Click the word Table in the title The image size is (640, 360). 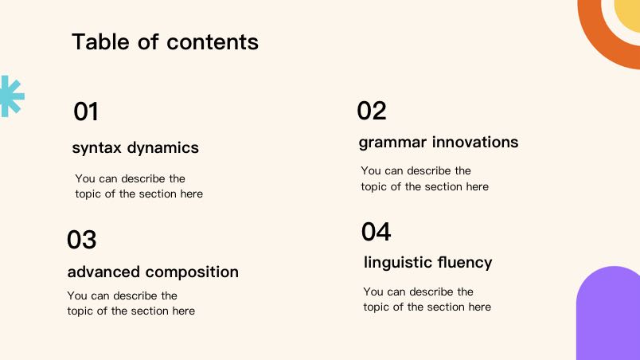pos(101,41)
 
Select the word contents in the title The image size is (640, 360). pos(213,42)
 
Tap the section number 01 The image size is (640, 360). pos(86,112)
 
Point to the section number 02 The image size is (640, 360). pos(372,111)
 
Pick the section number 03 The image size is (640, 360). pos(82,240)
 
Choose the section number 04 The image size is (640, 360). pos(376,232)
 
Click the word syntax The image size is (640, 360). pos(97,148)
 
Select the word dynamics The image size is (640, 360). pos(163,147)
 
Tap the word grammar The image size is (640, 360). pos(392,143)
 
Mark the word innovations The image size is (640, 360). pos(475,142)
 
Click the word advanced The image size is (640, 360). pos(103,272)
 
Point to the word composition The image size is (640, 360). pos(192,272)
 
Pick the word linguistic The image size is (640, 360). pos(398,263)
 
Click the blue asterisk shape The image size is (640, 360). pos(11,96)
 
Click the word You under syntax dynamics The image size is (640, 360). pos(85,178)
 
